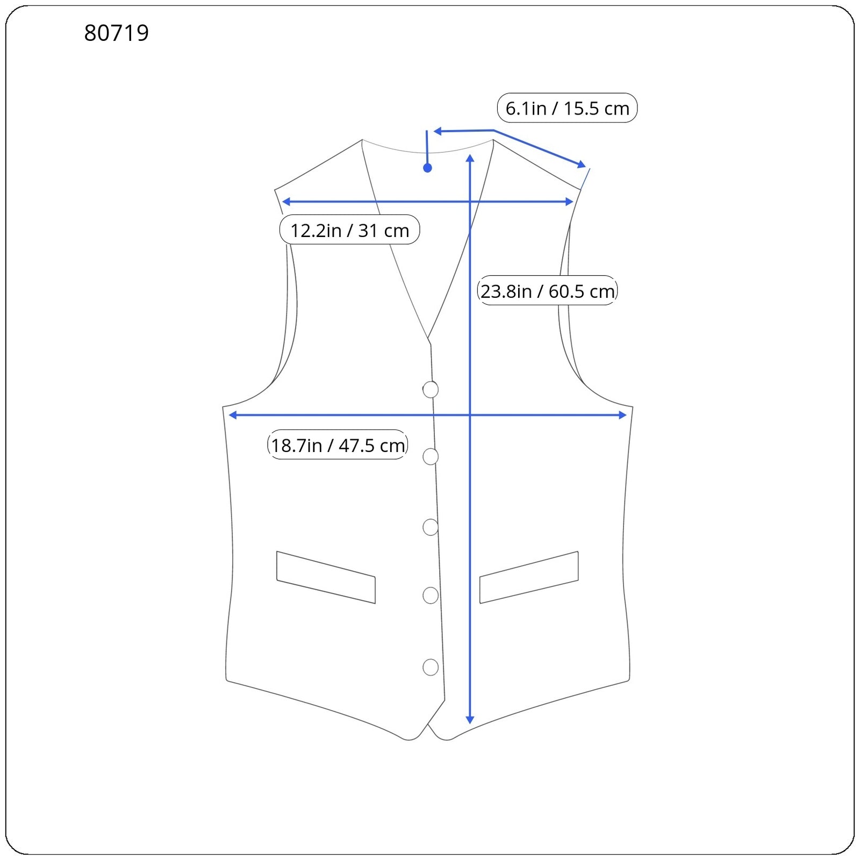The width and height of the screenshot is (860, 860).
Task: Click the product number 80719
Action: point(116,33)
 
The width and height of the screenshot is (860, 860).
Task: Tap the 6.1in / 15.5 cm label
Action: point(567,108)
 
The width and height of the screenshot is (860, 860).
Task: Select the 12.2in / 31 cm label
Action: point(349,230)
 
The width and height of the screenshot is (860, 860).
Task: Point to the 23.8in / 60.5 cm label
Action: point(547,291)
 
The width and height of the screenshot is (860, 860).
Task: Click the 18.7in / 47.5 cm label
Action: point(338,445)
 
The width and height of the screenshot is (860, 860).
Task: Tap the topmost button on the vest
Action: point(431,389)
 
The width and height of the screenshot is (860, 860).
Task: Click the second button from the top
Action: point(431,456)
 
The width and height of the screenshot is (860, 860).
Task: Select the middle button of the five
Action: point(431,527)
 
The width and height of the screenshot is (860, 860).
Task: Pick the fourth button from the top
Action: point(431,596)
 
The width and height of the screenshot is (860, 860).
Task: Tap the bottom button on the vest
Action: point(431,667)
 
